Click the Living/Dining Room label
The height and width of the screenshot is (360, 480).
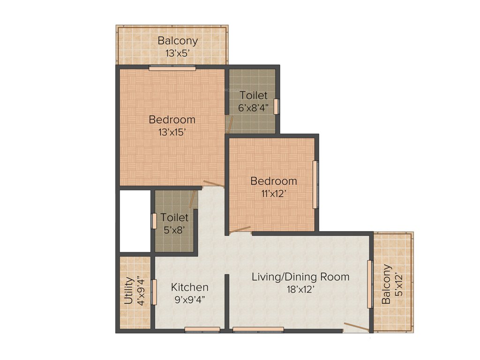pos(300,277)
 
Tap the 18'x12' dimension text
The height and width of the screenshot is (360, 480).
pos(300,289)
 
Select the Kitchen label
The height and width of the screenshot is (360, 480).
pos(189,287)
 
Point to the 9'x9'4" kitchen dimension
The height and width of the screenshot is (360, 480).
pos(189,300)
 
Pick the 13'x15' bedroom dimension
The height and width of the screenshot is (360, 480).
pos(172,132)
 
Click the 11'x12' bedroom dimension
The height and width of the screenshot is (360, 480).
pos(273,193)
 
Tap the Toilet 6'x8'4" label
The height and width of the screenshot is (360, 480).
pos(253,101)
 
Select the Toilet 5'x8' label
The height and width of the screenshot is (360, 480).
pos(174,224)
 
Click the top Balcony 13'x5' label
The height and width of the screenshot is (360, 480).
pos(178,46)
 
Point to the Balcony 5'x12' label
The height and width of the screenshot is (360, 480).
pos(392,284)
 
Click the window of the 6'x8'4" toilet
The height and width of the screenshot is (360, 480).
pos(277,106)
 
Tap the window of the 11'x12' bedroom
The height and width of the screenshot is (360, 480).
pos(315,184)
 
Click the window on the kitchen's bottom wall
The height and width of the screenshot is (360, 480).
pos(202,330)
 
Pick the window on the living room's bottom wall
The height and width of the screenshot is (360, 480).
pos(258,330)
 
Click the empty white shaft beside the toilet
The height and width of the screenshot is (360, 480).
pos(135,220)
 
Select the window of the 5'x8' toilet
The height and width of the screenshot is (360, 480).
pos(153,221)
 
